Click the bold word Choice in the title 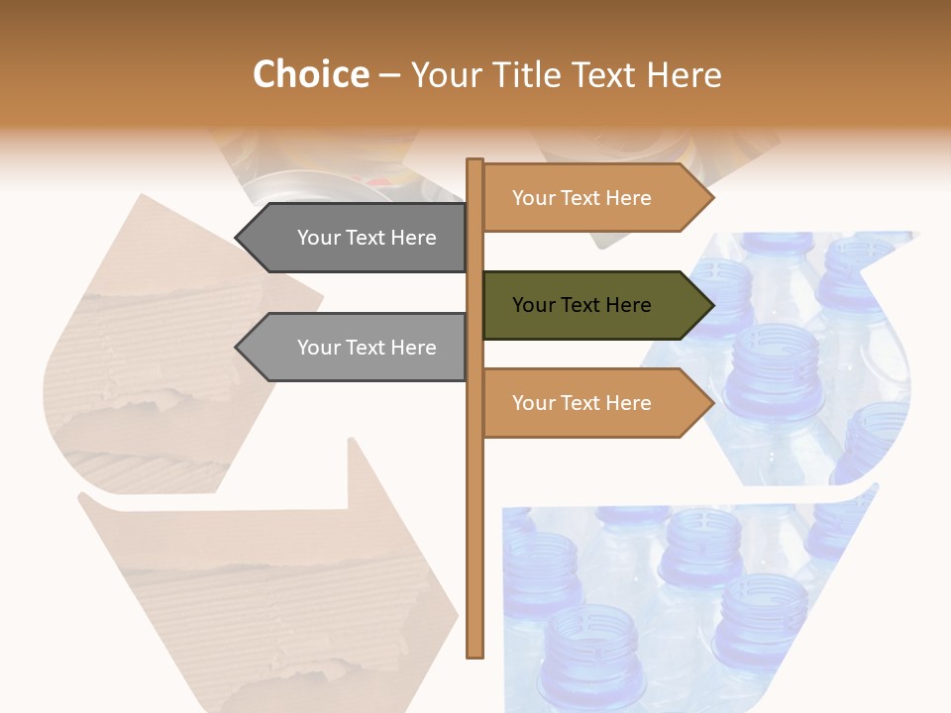[x=310, y=75]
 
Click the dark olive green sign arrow [x=594, y=305]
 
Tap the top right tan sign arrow [x=594, y=198]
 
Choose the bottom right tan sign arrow [x=594, y=403]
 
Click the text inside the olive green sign [x=581, y=305]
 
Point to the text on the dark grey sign [x=367, y=238]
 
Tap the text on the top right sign [x=581, y=198]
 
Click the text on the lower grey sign [x=367, y=348]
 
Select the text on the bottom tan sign [x=581, y=403]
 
